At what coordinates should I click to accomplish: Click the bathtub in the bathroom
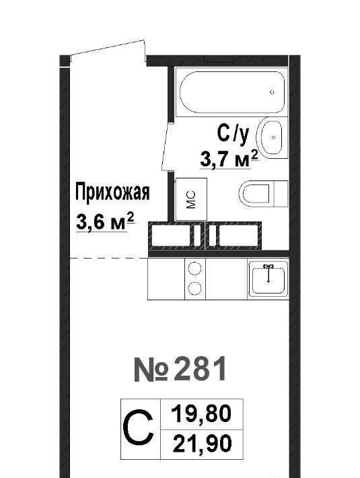231,92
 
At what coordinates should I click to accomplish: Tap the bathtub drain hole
273,92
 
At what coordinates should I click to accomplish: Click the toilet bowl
256,194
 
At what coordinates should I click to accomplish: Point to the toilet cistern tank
281,194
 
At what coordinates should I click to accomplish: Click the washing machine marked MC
191,199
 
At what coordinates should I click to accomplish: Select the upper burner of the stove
195,269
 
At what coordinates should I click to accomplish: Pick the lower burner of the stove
195,288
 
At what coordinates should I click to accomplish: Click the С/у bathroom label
233,135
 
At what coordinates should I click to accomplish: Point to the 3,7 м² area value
229,158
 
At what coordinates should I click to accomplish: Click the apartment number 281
180,369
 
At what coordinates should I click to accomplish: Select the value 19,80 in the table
201,414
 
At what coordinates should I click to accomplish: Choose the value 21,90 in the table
202,444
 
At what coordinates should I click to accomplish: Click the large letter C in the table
138,428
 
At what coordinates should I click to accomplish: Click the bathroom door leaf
166,147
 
